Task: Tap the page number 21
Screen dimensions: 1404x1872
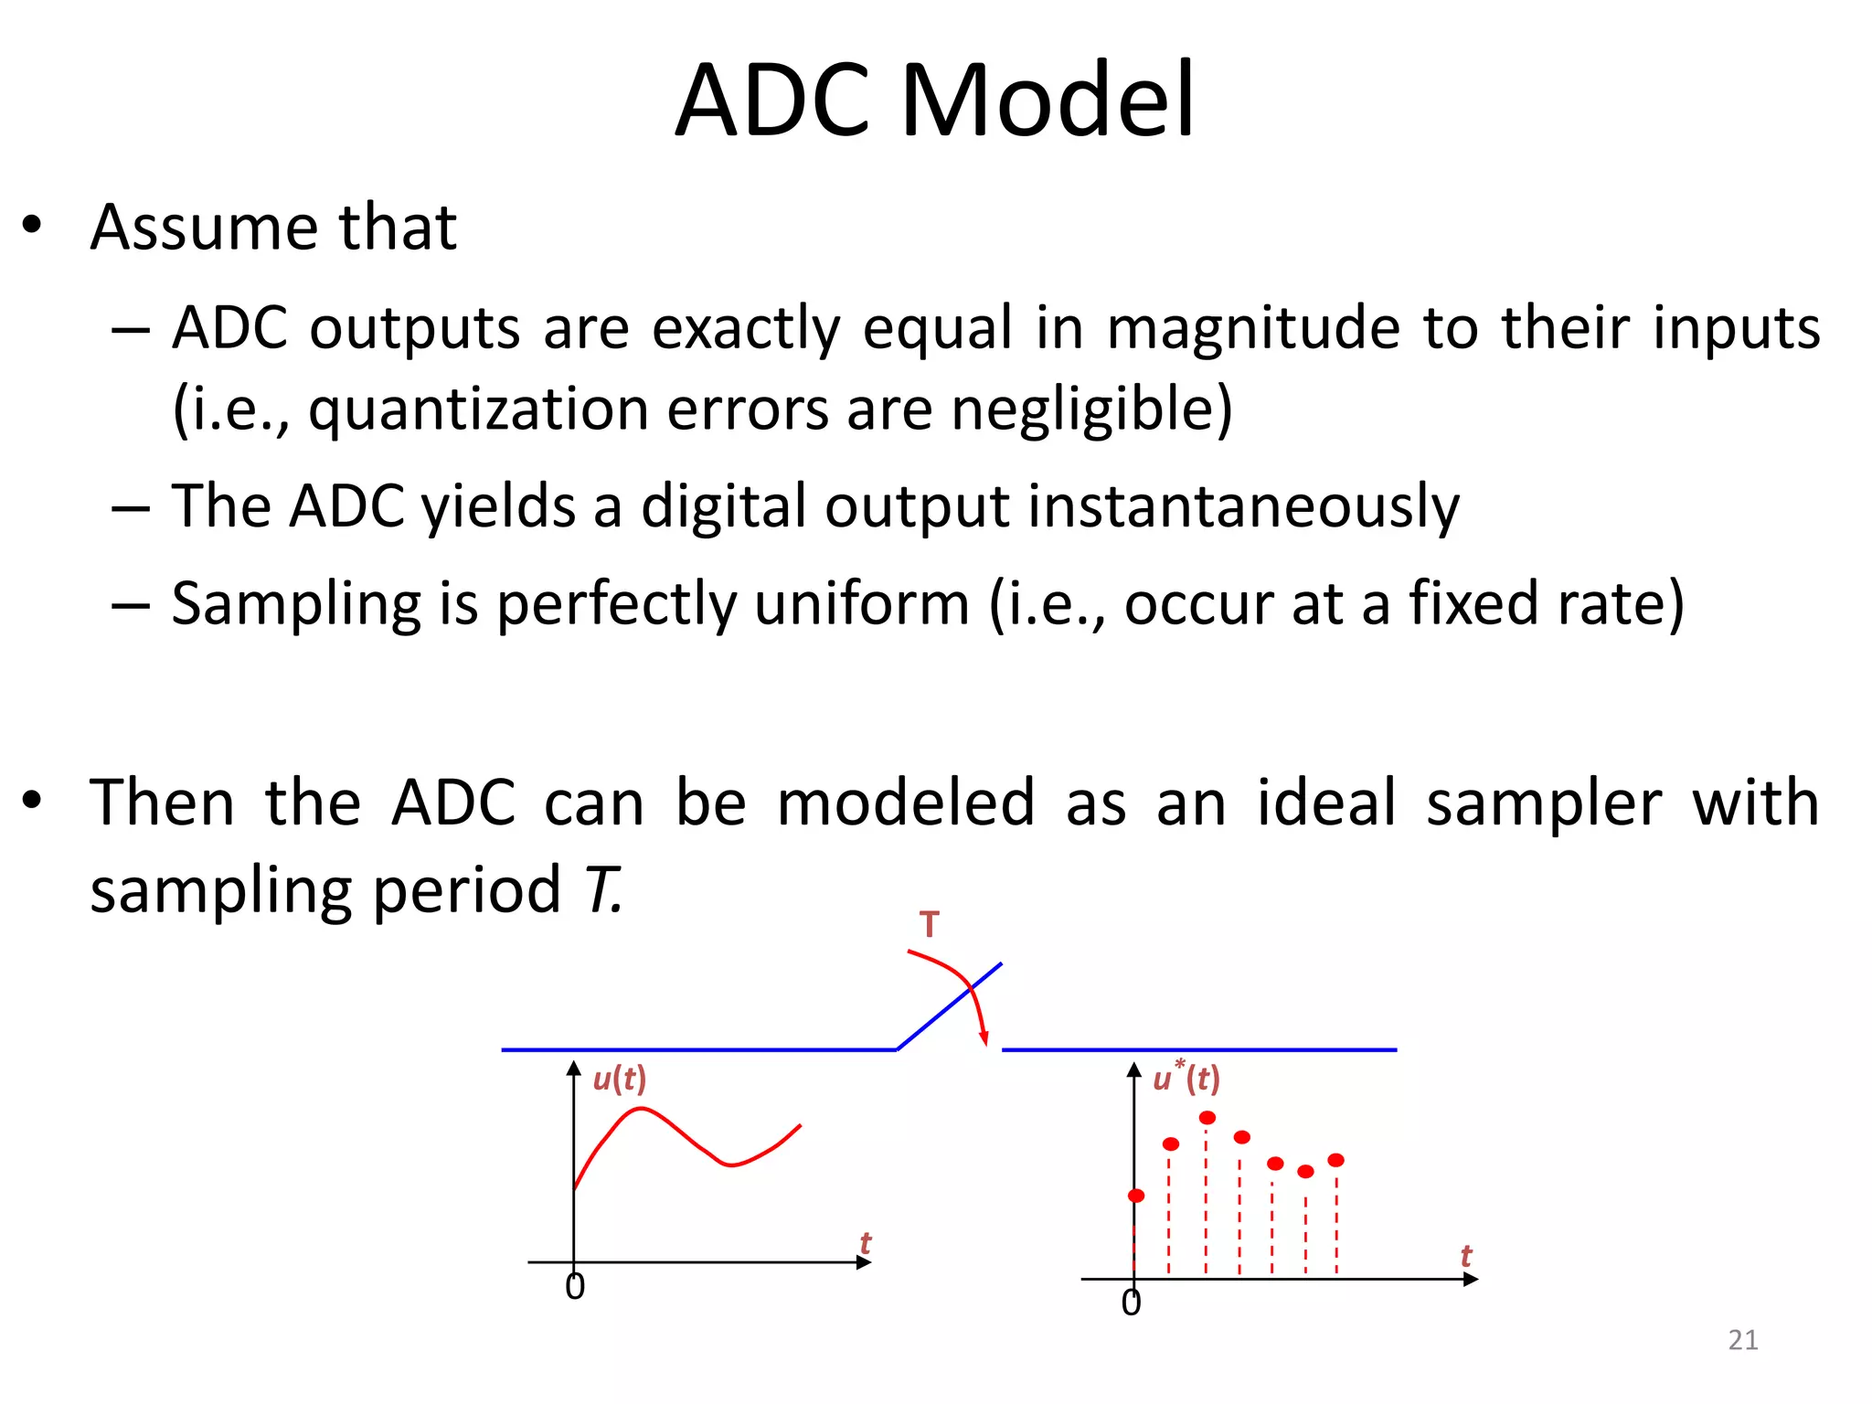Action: [1742, 1340]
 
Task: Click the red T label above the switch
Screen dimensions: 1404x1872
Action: [929, 925]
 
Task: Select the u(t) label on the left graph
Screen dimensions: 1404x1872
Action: [619, 1079]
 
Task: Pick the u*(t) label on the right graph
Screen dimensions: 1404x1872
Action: [1186, 1079]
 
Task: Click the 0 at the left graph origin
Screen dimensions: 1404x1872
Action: [574, 1287]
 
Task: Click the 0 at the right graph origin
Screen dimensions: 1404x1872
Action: [1131, 1303]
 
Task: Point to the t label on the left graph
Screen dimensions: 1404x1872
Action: [865, 1243]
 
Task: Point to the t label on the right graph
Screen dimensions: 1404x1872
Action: [1465, 1256]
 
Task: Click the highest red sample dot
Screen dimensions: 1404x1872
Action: [1207, 1118]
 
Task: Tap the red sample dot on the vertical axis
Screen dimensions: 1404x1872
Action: [1136, 1196]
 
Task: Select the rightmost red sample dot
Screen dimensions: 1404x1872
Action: [1335, 1160]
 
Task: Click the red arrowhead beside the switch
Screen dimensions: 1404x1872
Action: [984, 1038]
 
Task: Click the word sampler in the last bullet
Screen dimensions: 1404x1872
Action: [1543, 803]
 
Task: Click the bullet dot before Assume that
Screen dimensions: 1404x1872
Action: [33, 226]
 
